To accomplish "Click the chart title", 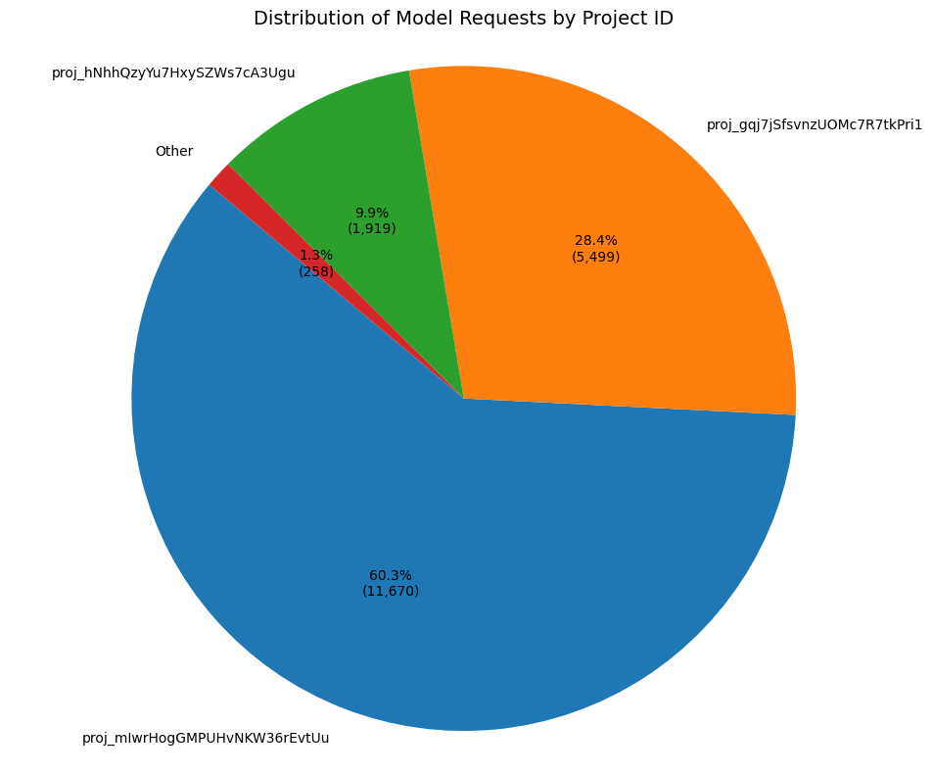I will coord(463,18).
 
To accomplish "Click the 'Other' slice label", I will coord(174,152).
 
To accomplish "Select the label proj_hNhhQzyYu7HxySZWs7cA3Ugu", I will coord(173,73).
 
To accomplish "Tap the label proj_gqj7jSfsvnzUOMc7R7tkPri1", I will coord(815,125).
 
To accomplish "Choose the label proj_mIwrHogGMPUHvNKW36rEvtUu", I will coord(206,739).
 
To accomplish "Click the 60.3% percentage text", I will coord(391,575).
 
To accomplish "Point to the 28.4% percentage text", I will coord(595,240).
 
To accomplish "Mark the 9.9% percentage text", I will coord(372,213).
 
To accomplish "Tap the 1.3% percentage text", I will coord(316,256).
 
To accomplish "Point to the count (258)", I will coord(316,271).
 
